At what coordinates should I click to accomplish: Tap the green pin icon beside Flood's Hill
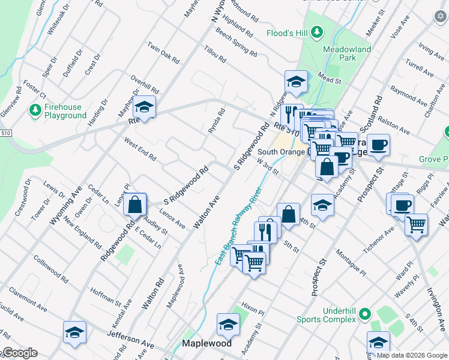[318, 32]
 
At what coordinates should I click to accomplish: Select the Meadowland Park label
[346, 53]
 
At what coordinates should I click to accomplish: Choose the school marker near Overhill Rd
[143, 107]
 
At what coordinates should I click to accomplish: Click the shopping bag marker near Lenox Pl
[136, 205]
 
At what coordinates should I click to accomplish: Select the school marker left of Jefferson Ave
[74, 332]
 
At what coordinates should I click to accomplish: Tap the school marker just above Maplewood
[228, 325]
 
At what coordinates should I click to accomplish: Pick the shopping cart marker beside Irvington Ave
[416, 225]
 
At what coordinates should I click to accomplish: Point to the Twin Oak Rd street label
[163, 52]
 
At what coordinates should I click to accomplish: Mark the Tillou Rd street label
[214, 55]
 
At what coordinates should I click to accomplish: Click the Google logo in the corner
[19, 353]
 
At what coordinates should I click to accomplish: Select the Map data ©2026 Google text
[411, 355]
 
